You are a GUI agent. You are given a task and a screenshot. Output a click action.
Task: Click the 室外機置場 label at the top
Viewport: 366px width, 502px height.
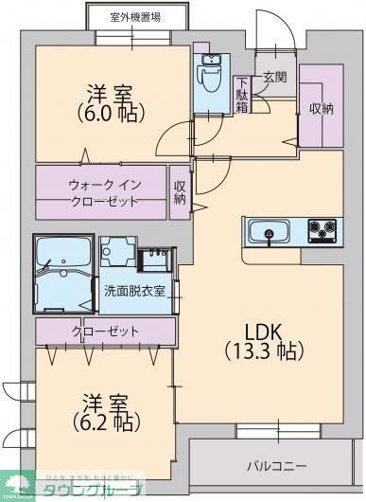pos(133,16)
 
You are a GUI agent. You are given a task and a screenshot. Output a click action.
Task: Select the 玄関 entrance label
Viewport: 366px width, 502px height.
pos(274,77)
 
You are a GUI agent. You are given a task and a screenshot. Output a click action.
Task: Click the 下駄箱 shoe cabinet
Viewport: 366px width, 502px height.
pos(243,94)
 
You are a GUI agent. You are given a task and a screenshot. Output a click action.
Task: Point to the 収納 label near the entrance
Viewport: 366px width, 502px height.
pos(321,108)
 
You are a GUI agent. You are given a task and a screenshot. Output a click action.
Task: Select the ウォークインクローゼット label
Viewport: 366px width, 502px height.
pos(103,192)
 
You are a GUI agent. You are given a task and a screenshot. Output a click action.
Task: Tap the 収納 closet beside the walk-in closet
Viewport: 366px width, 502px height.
pos(180,193)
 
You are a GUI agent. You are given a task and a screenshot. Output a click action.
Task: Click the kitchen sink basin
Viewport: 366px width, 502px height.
pos(270,230)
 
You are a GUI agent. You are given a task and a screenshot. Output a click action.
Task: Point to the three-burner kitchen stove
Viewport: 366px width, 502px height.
pos(322,229)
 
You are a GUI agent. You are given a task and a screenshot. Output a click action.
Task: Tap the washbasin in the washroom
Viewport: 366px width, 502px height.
pos(153,258)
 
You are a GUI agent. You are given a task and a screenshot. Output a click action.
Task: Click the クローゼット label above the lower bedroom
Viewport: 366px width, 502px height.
pos(104,332)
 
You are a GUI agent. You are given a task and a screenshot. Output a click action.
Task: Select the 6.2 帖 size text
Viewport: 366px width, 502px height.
pos(103,420)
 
